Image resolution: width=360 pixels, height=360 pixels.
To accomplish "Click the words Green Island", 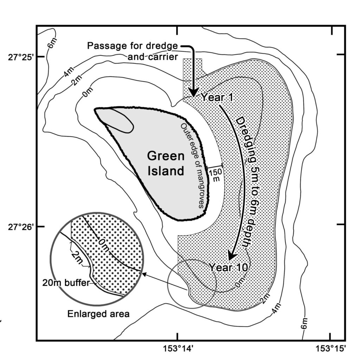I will pos(165,163).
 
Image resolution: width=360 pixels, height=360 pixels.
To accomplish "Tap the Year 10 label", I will pos(229,267).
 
